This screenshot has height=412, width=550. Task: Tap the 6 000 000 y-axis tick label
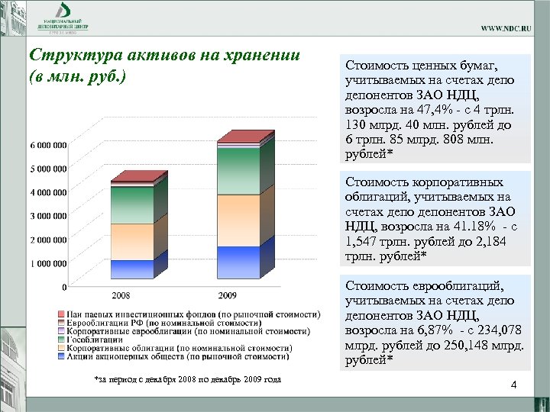[47, 145]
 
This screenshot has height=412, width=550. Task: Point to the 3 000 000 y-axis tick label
[47, 216]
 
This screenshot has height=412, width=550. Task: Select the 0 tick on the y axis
[63, 288]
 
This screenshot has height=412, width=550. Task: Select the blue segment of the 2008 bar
[131, 269]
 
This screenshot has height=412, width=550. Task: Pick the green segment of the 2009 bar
[238, 171]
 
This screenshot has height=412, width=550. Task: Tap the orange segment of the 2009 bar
[238, 220]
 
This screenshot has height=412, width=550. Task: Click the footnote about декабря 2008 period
[186, 379]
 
